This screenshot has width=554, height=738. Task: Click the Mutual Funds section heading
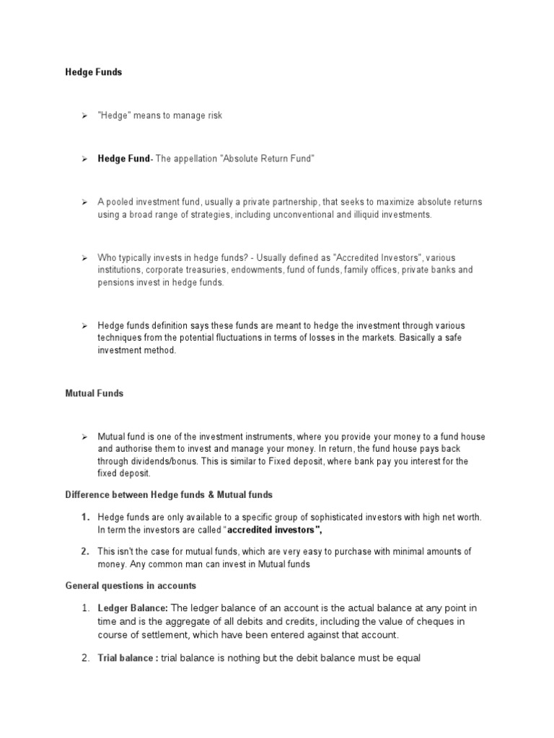coord(94,394)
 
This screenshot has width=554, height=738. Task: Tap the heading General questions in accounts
coord(131,586)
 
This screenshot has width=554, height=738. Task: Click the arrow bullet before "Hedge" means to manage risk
coord(84,115)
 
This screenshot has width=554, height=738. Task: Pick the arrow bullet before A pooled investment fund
coord(84,202)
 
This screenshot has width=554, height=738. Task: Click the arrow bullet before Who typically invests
coord(84,257)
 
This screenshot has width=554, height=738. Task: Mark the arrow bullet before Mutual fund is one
coord(84,437)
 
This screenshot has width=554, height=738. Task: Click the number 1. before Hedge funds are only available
coord(85,517)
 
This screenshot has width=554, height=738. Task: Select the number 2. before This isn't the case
coord(85,551)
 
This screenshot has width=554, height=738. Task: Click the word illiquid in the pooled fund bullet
coord(374,215)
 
